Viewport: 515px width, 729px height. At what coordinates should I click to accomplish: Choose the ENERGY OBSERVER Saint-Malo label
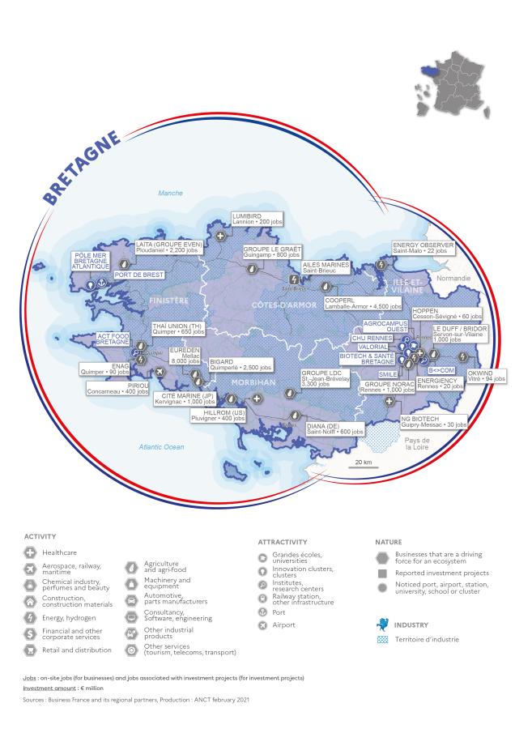pyautogui.click(x=423, y=248)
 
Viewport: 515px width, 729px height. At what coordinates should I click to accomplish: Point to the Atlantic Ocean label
pyautogui.click(x=161, y=446)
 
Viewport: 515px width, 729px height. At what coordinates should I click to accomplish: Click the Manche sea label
pyautogui.click(x=171, y=193)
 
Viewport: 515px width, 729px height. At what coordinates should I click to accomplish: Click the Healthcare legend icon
pyautogui.click(x=29, y=552)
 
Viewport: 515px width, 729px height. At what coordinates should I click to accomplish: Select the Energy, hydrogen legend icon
pyautogui.click(x=29, y=618)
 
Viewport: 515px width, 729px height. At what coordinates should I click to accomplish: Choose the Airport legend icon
pyautogui.click(x=262, y=625)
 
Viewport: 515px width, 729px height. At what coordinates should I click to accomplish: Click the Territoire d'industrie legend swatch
pyautogui.click(x=383, y=639)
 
